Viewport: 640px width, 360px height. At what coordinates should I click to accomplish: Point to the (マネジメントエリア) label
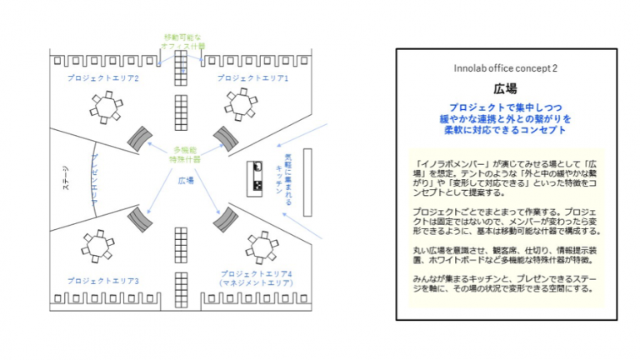coord(252,284)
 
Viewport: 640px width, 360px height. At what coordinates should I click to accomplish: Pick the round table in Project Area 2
coord(104,106)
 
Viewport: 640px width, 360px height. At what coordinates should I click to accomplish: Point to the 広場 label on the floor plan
coord(187,179)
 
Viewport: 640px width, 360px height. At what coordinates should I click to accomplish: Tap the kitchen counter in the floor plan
coord(256,177)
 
